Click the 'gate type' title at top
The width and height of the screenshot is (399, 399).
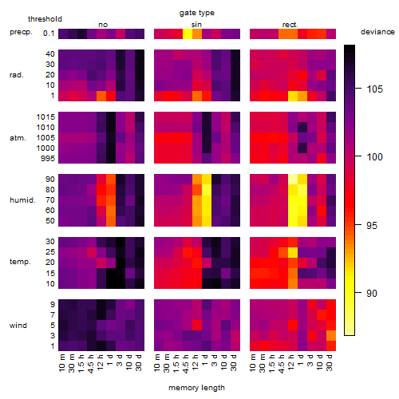click(197, 13)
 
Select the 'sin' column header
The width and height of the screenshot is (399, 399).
click(196, 25)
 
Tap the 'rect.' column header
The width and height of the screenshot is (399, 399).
click(290, 25)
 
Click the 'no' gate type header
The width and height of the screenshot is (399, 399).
click(103, 25)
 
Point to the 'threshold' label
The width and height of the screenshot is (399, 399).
click(45, 19)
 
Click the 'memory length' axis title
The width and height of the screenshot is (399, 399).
click(196, 388)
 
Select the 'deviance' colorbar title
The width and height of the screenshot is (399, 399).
click(377, 32)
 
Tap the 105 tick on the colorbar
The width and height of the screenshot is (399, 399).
click(374, 89)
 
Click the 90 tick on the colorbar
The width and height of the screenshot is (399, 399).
click(372, 293)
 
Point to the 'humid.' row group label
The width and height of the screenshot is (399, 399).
click(22, 200)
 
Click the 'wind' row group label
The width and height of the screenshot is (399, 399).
click(18, 326)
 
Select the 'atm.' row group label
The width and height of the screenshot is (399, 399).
click(18, 138)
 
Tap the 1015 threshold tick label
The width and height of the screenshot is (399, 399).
click(45, 117)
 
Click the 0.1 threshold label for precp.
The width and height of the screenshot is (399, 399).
click(49, 34)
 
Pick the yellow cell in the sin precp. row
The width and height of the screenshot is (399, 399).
click(188, 34)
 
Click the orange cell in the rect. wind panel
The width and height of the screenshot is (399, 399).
click(331, 335)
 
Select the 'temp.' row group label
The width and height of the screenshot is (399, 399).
click(20, 262)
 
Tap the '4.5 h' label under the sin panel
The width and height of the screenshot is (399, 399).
click(186, 364)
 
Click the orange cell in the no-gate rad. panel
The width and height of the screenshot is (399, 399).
click(101, 96)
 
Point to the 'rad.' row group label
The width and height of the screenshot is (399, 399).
click(17, 75)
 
